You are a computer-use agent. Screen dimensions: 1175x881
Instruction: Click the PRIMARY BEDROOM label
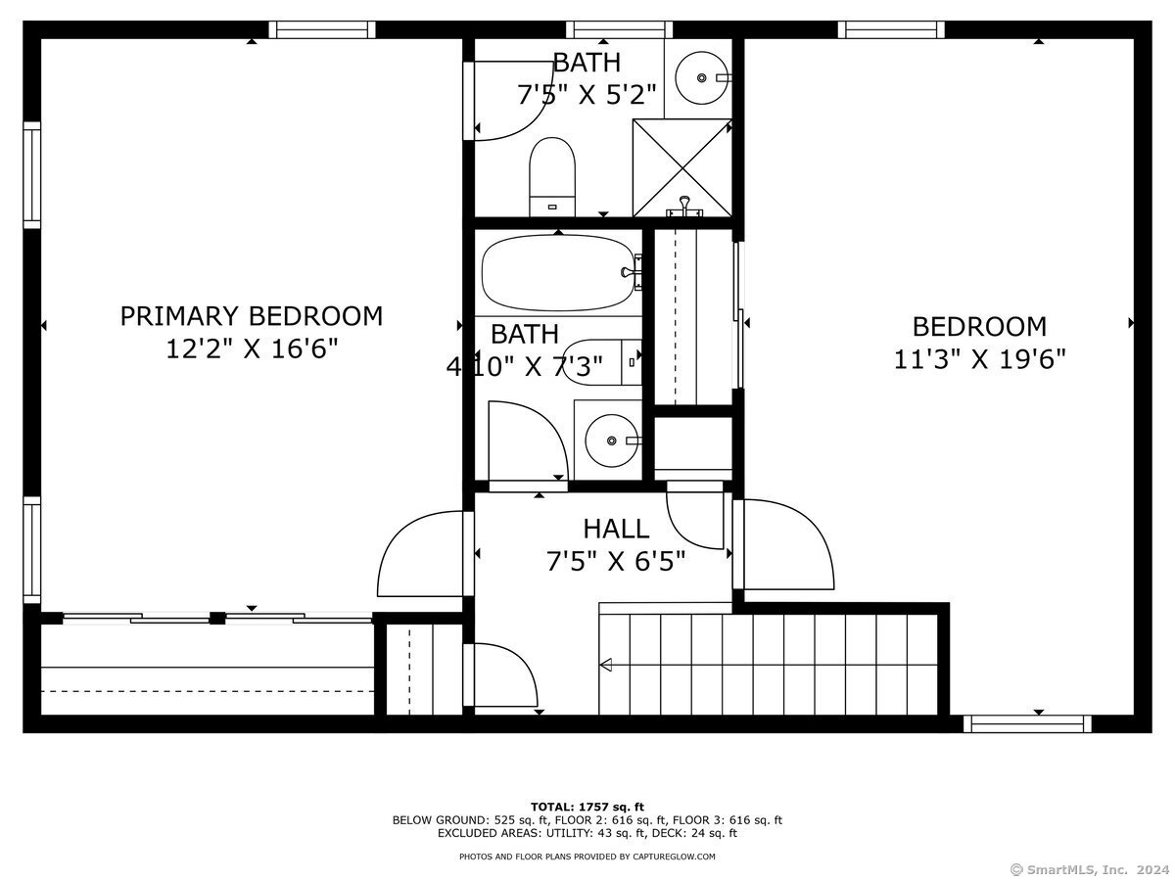tap(251, 316)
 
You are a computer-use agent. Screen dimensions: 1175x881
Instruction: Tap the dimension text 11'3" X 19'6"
tap(979, 359)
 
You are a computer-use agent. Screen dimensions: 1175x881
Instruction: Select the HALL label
tap(616, 529)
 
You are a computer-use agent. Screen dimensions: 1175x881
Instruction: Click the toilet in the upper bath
tap(552, 177)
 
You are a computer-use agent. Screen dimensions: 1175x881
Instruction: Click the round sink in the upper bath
tap(701, 78)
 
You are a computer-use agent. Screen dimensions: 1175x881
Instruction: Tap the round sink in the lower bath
tap(611, 440)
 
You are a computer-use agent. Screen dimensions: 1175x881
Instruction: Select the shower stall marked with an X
tap(681, 168)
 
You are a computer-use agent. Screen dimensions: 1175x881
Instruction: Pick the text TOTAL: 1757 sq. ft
tap(587, 807)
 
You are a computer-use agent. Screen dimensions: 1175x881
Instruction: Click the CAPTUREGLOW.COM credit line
tap(587, 857)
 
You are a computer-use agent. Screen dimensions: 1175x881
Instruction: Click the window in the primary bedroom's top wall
tap(322, 30)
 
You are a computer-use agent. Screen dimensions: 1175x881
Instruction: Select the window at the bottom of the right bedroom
tap(1027, 723)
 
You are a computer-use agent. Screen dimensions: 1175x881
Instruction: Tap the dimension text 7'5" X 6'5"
tap(616, 562)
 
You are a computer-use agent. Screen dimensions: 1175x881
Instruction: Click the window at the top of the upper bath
tap(620, 30)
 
